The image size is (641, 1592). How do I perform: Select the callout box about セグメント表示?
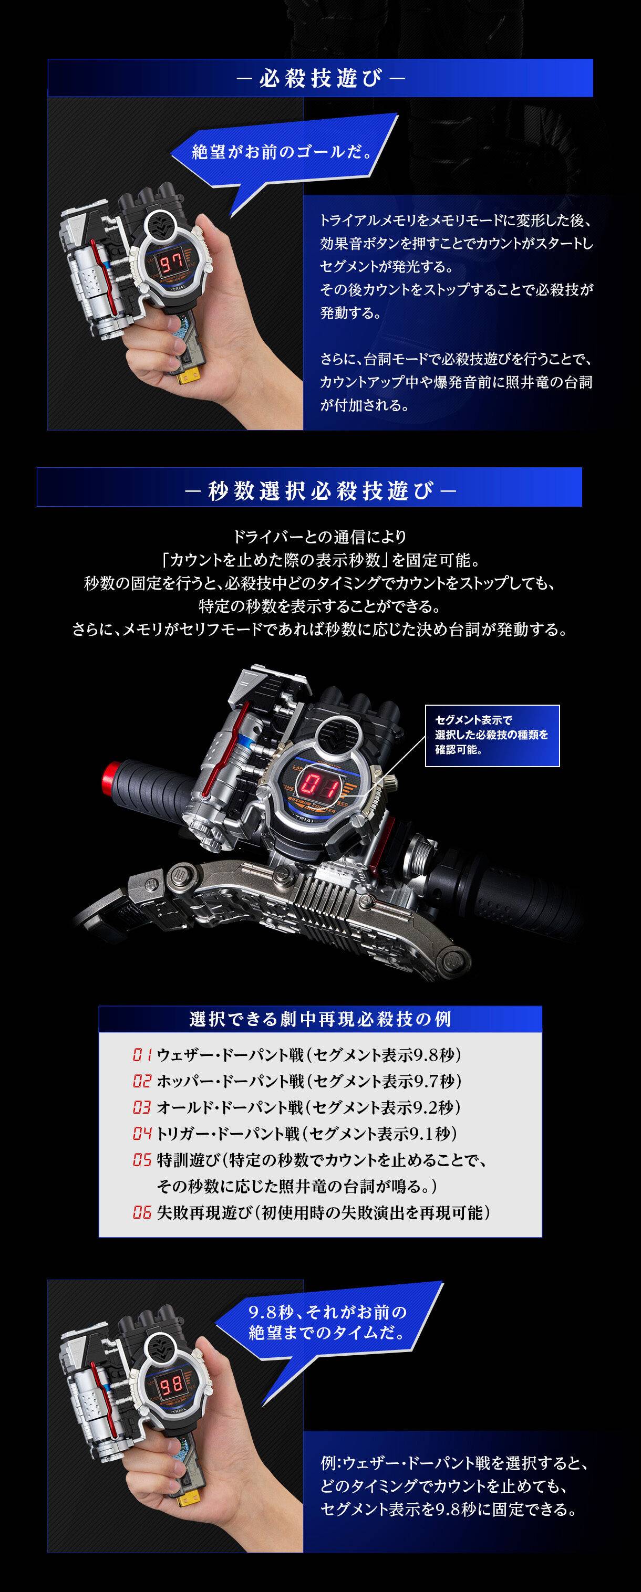492,736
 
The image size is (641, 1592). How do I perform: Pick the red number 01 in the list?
141,1054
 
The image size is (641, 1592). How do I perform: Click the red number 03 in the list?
141,1107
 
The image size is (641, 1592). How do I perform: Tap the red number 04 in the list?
141,1134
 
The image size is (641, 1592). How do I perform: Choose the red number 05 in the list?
141,1160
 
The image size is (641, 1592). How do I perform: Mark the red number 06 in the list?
141,1212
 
